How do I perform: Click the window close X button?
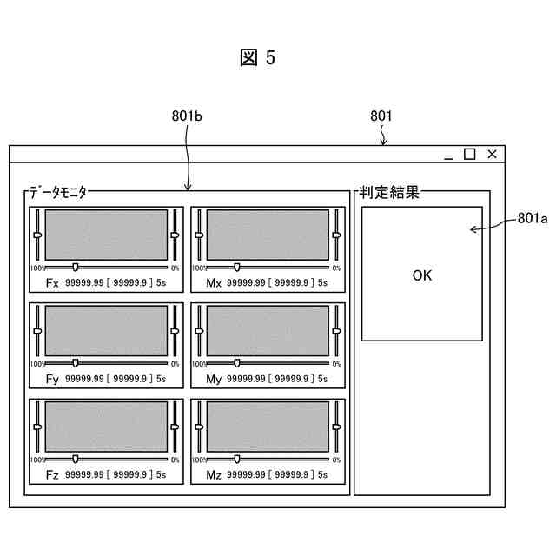492,154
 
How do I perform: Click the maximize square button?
470,154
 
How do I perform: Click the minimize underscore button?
448,156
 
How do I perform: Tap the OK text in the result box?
421,275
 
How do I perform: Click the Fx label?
52,283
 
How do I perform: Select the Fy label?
52,380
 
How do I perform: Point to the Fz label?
52,475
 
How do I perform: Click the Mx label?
214,283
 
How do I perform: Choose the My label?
214,380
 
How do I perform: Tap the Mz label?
214,475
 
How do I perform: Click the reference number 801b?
187,116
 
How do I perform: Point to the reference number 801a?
532,219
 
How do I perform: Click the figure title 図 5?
257,57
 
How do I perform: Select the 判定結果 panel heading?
389,193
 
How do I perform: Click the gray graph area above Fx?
106,235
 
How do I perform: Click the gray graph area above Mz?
268,427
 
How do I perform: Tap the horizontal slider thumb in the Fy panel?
76,362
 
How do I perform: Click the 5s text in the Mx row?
322,283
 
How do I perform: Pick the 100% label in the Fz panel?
36,460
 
